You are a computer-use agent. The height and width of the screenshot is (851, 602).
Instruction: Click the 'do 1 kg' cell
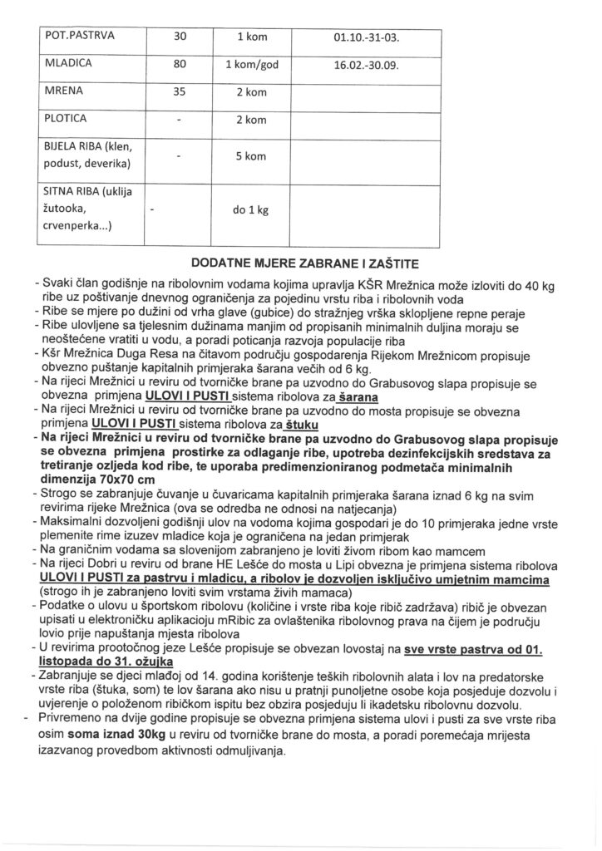point(251,211)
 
